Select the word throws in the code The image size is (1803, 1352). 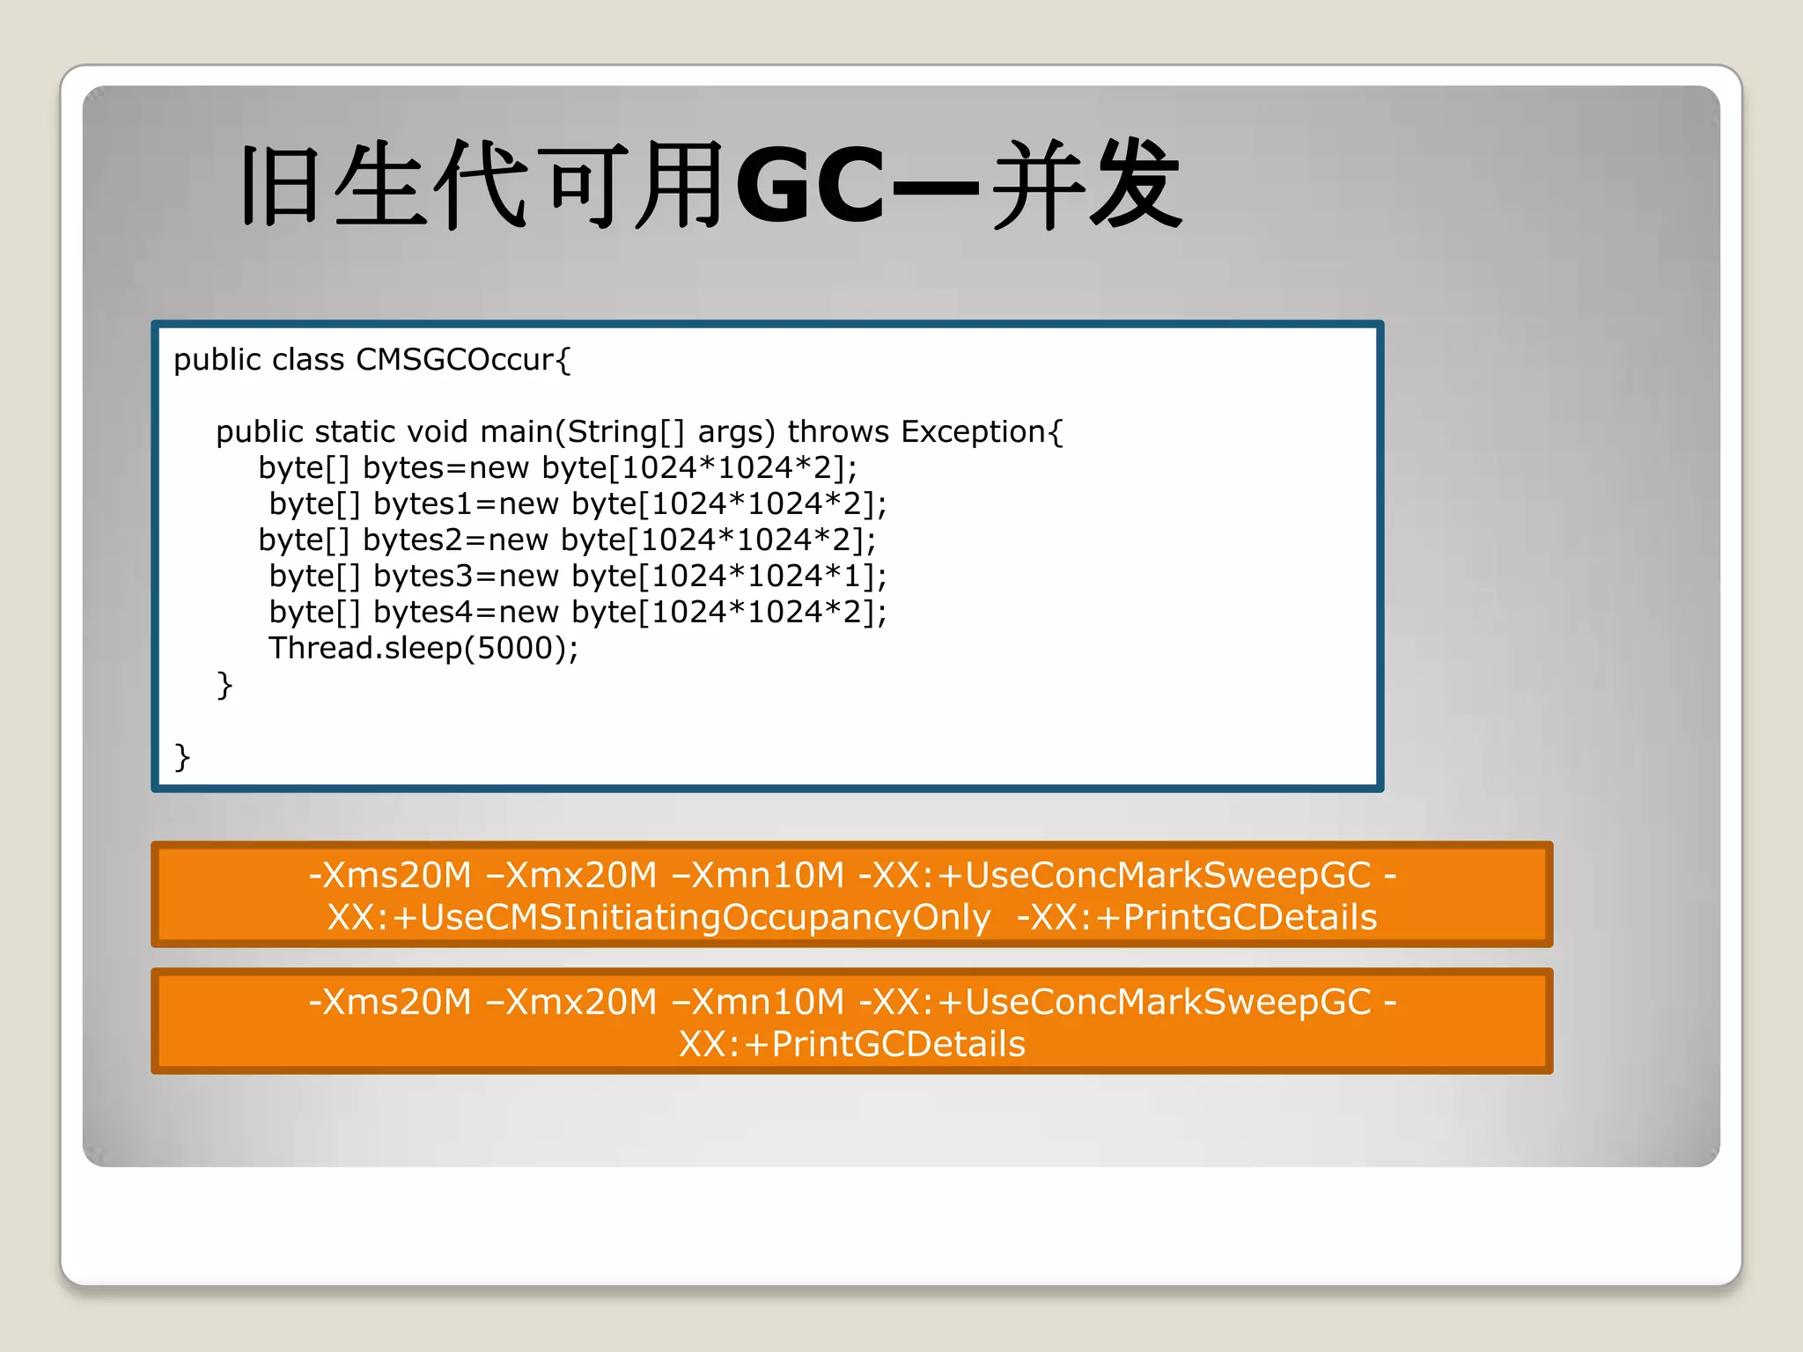[x=838, y=432]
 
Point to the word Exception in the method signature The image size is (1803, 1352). [x=973, y=432]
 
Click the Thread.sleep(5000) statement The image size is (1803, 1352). [x=423, y=649]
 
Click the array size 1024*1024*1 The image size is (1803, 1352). [x=755, y=577]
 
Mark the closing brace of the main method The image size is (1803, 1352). [x=224, y=685]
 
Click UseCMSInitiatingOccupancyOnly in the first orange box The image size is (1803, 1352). [x=705, y=918]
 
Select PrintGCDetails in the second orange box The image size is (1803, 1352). [x=898, y=1045]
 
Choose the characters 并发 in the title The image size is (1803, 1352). [x=1087, y=187]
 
